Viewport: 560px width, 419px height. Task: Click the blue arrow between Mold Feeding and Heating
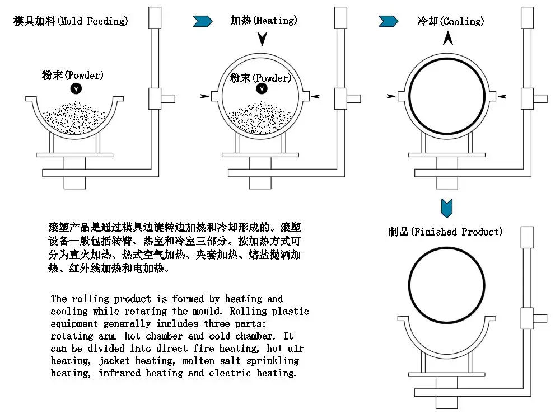(203, 21)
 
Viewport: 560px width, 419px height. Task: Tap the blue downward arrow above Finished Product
(447, 208)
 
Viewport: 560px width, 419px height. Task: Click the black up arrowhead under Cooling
(448, 39)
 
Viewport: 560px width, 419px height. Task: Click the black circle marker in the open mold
(76, 88)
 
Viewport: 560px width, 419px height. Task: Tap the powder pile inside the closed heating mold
(260, 117)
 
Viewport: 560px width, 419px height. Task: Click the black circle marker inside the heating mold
(262, 89)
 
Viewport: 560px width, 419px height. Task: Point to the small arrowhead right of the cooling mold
(502, 97)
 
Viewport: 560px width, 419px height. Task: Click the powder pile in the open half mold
(75, 117)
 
